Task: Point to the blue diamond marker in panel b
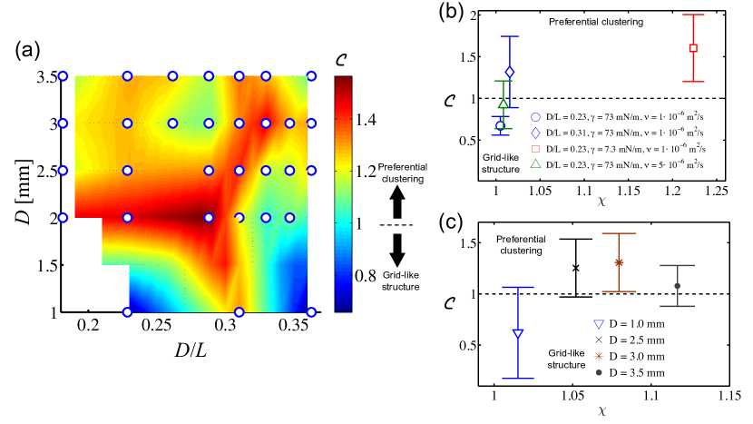(x=510, y=72)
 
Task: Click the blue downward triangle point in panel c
(x=518, y=333)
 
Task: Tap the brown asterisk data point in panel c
(x=619, y=262)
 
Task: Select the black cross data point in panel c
(x=575, y=268)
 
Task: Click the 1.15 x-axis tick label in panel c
(x=728, y=396)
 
